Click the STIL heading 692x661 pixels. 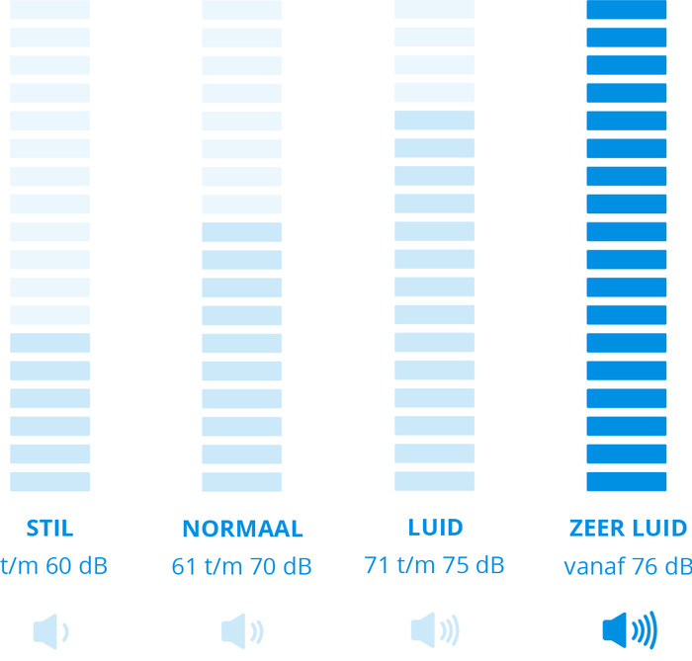[x=49, y=527]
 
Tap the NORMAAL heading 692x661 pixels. [x=241, y=528]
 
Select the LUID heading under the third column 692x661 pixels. [x=434, y=527]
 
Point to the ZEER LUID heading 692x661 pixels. [x=627, y=528]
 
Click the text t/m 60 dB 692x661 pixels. [x=53, y=567]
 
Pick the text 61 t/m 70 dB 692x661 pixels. [x=241, y=567]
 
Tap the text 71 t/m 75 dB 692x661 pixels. [x=434, y=566]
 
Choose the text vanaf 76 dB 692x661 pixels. [x=627, y=567]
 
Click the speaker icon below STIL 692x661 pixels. [x=50, y=629]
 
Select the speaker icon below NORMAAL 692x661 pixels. [x=242, y=629]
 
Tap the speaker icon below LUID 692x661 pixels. [x=435, y=629]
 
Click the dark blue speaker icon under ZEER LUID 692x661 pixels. [x=629, y=629]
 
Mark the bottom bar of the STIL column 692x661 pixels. [x=49, y=481]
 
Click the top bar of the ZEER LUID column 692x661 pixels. [x=627, y=10]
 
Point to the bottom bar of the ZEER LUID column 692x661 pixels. [x=627, y=481]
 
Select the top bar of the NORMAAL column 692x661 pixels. [x=241, y=10]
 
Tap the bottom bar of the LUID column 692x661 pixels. [x=434, y=481]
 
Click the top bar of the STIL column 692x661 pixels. [x=49, y=10]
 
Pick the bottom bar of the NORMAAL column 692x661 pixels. [x=241, y=481]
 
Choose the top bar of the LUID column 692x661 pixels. [x=434, y=10]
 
